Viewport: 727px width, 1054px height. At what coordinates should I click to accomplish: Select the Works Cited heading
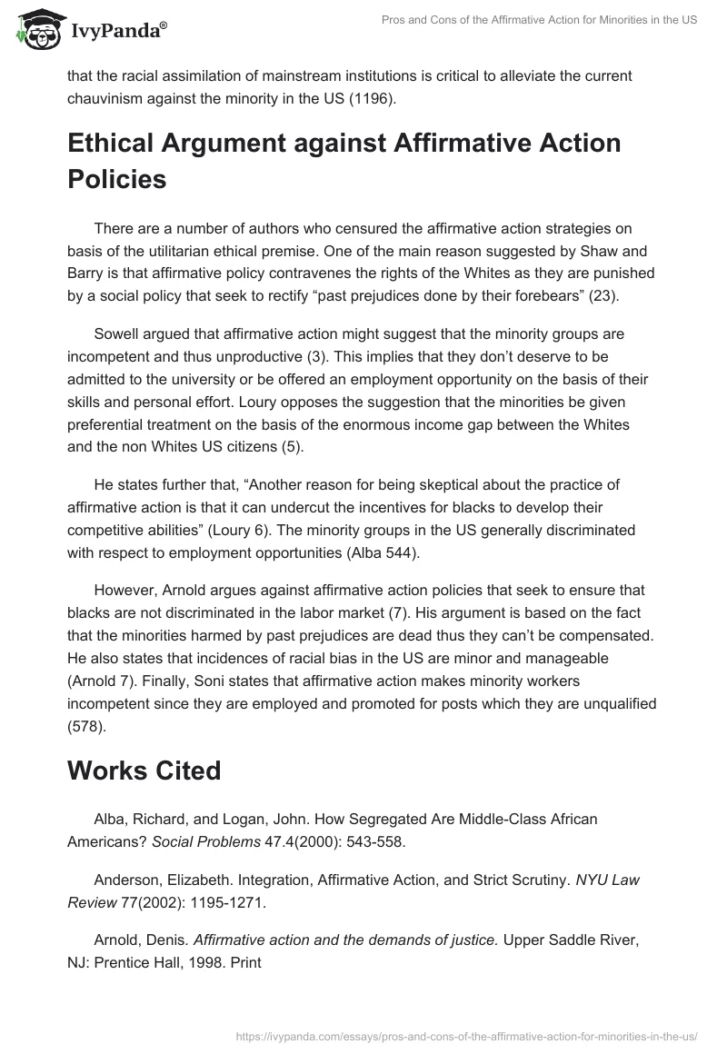click(x=144, y=771)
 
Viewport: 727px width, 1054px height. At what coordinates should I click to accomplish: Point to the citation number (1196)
click(x=373, y=98)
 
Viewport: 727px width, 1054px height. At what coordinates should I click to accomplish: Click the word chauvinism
click(x=109, y=98)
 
